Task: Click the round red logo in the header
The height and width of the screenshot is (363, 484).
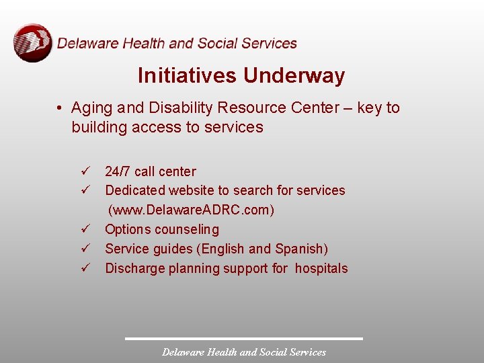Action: (32, 43)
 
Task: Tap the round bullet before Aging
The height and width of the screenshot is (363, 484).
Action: (60, 108)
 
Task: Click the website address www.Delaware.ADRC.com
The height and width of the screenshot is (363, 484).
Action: (192, 210)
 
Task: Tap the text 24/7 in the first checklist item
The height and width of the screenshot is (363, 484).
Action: (118, 171)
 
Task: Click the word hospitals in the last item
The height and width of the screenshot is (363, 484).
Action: (321, 269)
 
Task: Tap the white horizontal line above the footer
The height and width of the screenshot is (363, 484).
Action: (244, 338)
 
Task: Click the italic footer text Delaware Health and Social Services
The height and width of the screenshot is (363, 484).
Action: (244, 352)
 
